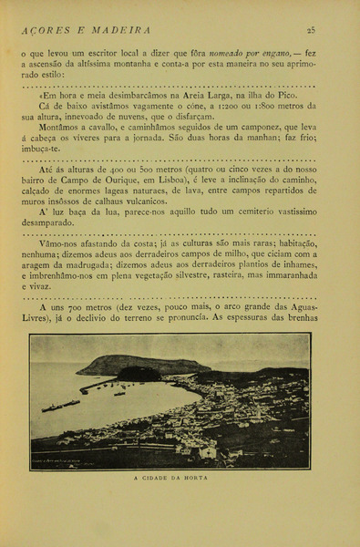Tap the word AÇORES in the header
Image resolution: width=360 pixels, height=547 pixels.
pos(42,30)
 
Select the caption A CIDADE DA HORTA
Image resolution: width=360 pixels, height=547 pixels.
pos(170,478)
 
